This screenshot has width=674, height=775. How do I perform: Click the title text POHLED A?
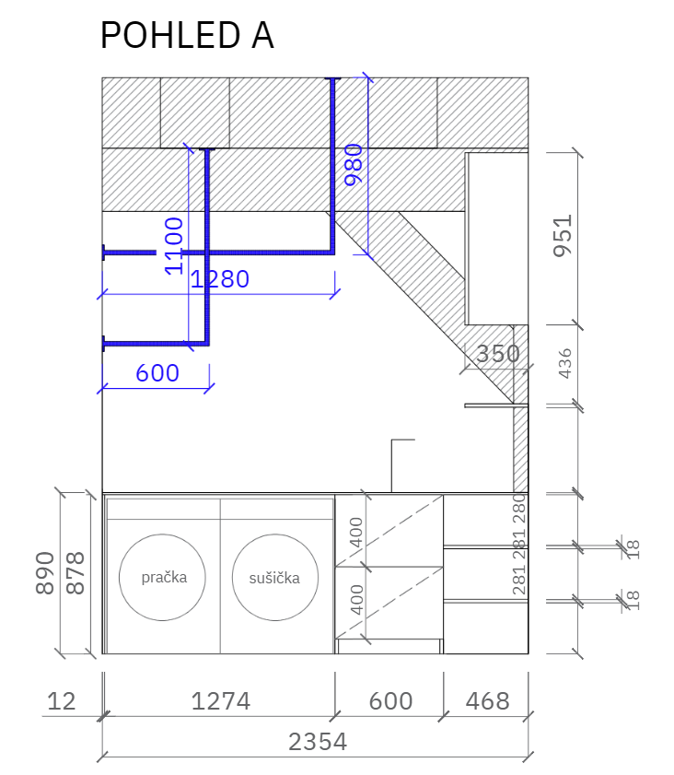click(187, 35)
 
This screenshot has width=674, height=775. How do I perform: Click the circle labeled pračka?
click(162, 534)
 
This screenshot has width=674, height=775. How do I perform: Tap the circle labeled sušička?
click(275, 534)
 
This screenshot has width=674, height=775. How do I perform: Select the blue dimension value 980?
click(354, 165)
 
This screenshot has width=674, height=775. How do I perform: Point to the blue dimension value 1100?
click(174, 246)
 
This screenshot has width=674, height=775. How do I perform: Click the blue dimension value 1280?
click(220, 279)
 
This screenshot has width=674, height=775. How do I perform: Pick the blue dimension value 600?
click(157, 373)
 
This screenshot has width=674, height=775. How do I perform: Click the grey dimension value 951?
click(563, 236)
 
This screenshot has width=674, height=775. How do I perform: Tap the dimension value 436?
click(564, 363)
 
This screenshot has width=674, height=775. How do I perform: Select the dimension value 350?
click(498, 354)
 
